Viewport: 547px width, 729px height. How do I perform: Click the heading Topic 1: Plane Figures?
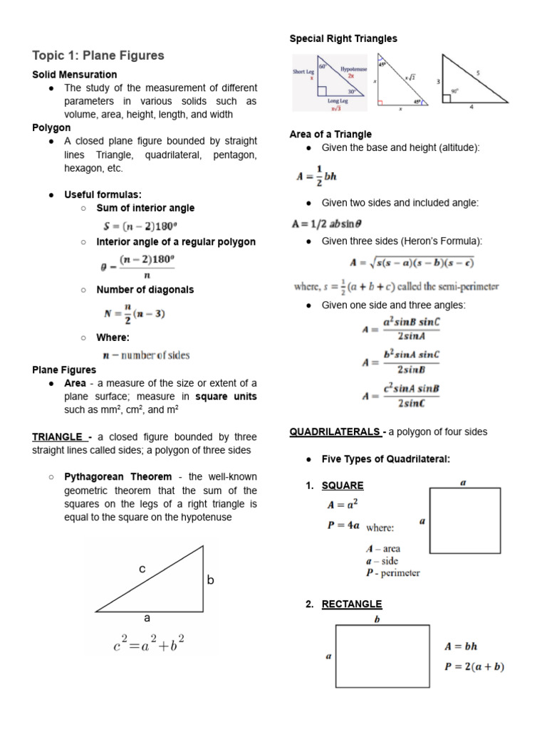98,55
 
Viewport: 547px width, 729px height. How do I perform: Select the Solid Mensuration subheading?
75,74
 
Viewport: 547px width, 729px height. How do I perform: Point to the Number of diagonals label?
145,290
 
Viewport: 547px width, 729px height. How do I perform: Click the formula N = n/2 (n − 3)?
135,313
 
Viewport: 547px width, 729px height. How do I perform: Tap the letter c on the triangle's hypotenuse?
142,569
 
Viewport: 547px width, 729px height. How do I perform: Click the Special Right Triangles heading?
343,38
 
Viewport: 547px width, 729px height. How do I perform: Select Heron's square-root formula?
412,262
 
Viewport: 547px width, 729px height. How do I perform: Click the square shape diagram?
464,520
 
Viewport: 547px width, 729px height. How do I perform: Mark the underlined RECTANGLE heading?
352,604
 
